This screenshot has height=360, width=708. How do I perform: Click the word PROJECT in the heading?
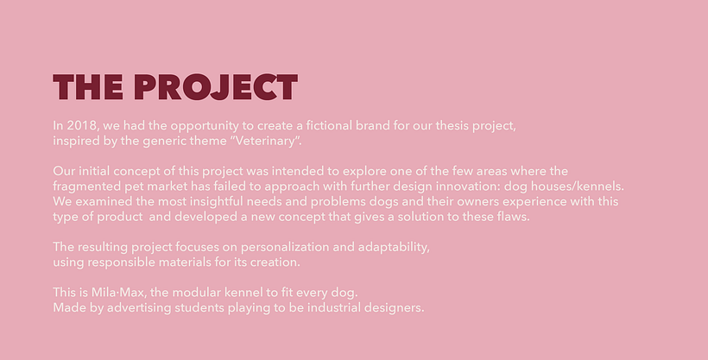(x=216, y=88)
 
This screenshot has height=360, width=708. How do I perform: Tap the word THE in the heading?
(x=89, y=88)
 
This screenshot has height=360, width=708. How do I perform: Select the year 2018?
(x=85, y=125)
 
